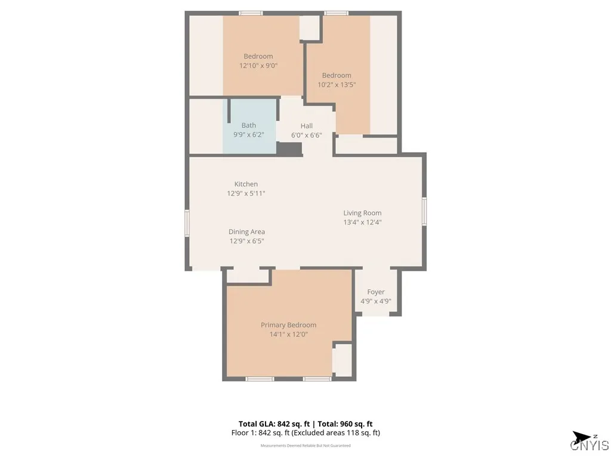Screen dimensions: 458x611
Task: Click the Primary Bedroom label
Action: (288, 325)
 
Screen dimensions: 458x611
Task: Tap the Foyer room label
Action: (375, 292)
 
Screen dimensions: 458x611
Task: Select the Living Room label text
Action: (362, 213)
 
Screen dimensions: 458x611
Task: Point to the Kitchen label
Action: (246, 184)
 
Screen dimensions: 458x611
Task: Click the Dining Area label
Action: (246, 232)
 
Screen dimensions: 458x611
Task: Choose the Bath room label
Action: (249, 125)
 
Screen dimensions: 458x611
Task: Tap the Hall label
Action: (307, 126)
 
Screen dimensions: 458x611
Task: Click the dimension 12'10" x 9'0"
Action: (258, 66)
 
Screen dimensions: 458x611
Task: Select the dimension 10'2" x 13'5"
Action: (337, 85)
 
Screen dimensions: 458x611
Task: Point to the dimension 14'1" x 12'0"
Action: (288, 335)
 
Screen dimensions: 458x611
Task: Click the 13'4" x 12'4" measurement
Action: (362, 222)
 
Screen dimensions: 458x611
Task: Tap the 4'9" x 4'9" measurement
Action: (375, 301)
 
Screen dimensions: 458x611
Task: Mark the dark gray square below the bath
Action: (289, 149)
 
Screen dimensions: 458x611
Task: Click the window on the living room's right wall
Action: (424, 212)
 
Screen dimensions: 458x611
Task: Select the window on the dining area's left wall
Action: (187, 224)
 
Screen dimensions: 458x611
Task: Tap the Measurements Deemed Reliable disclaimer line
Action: (305, 445)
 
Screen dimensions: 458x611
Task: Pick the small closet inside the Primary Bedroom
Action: (342, 360)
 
